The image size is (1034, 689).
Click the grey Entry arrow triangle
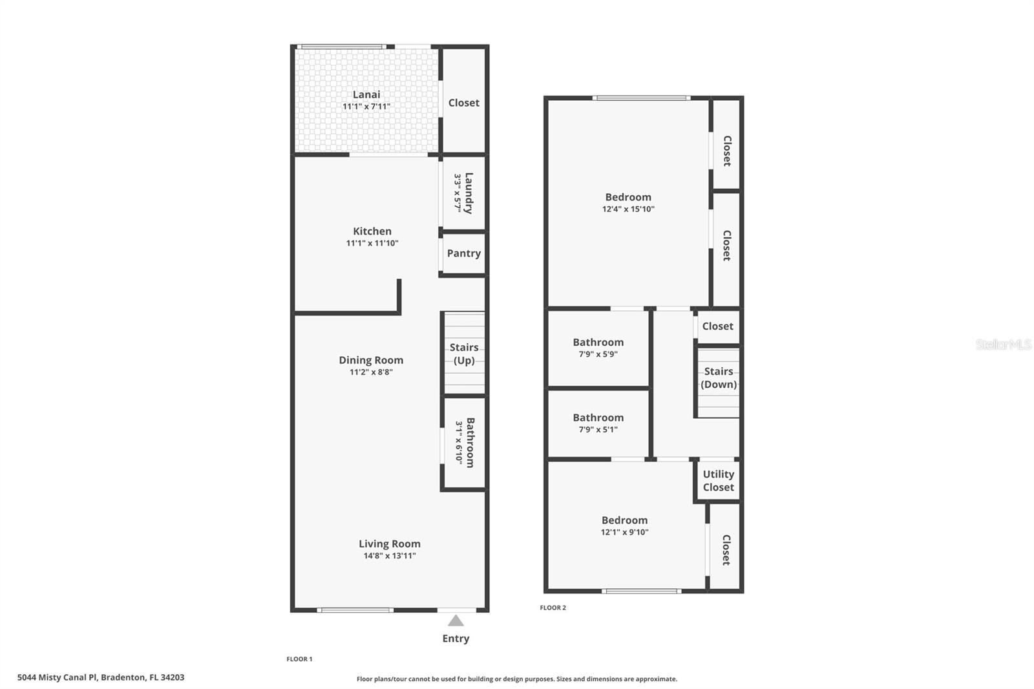[x=456, y=620]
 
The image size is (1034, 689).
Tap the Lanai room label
[x=366, y=94]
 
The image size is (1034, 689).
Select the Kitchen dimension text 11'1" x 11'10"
[x=372, y=243]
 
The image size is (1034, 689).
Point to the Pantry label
[x=464, y=253]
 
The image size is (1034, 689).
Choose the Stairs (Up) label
[x=464, y=354]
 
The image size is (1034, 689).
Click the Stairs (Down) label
[x=719, y=377]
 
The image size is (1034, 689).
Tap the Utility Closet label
[x=718, y=481]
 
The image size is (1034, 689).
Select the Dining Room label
[x=371, y=360]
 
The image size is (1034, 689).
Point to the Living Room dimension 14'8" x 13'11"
[x=390, y=556]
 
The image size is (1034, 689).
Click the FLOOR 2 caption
[x=553, y=608]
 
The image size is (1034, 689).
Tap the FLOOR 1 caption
[x=300, y=659]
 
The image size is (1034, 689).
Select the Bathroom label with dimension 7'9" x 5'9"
[x=598, y=342]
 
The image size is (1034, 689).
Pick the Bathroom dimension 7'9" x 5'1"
[x=598, y=429]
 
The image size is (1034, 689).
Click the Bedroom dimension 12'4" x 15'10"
[x=628, y=209]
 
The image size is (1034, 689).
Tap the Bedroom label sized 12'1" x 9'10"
[x=624, y=520]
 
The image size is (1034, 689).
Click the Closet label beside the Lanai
[x=464, y=103]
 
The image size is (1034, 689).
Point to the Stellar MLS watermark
[x=1004, y=344]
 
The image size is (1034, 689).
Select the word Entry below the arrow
[x=456, y=639]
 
